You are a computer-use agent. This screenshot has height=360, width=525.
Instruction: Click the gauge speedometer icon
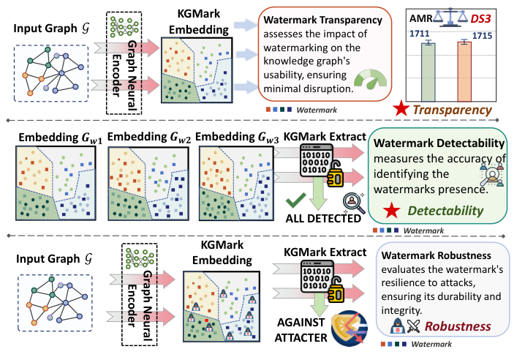point(369,80)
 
